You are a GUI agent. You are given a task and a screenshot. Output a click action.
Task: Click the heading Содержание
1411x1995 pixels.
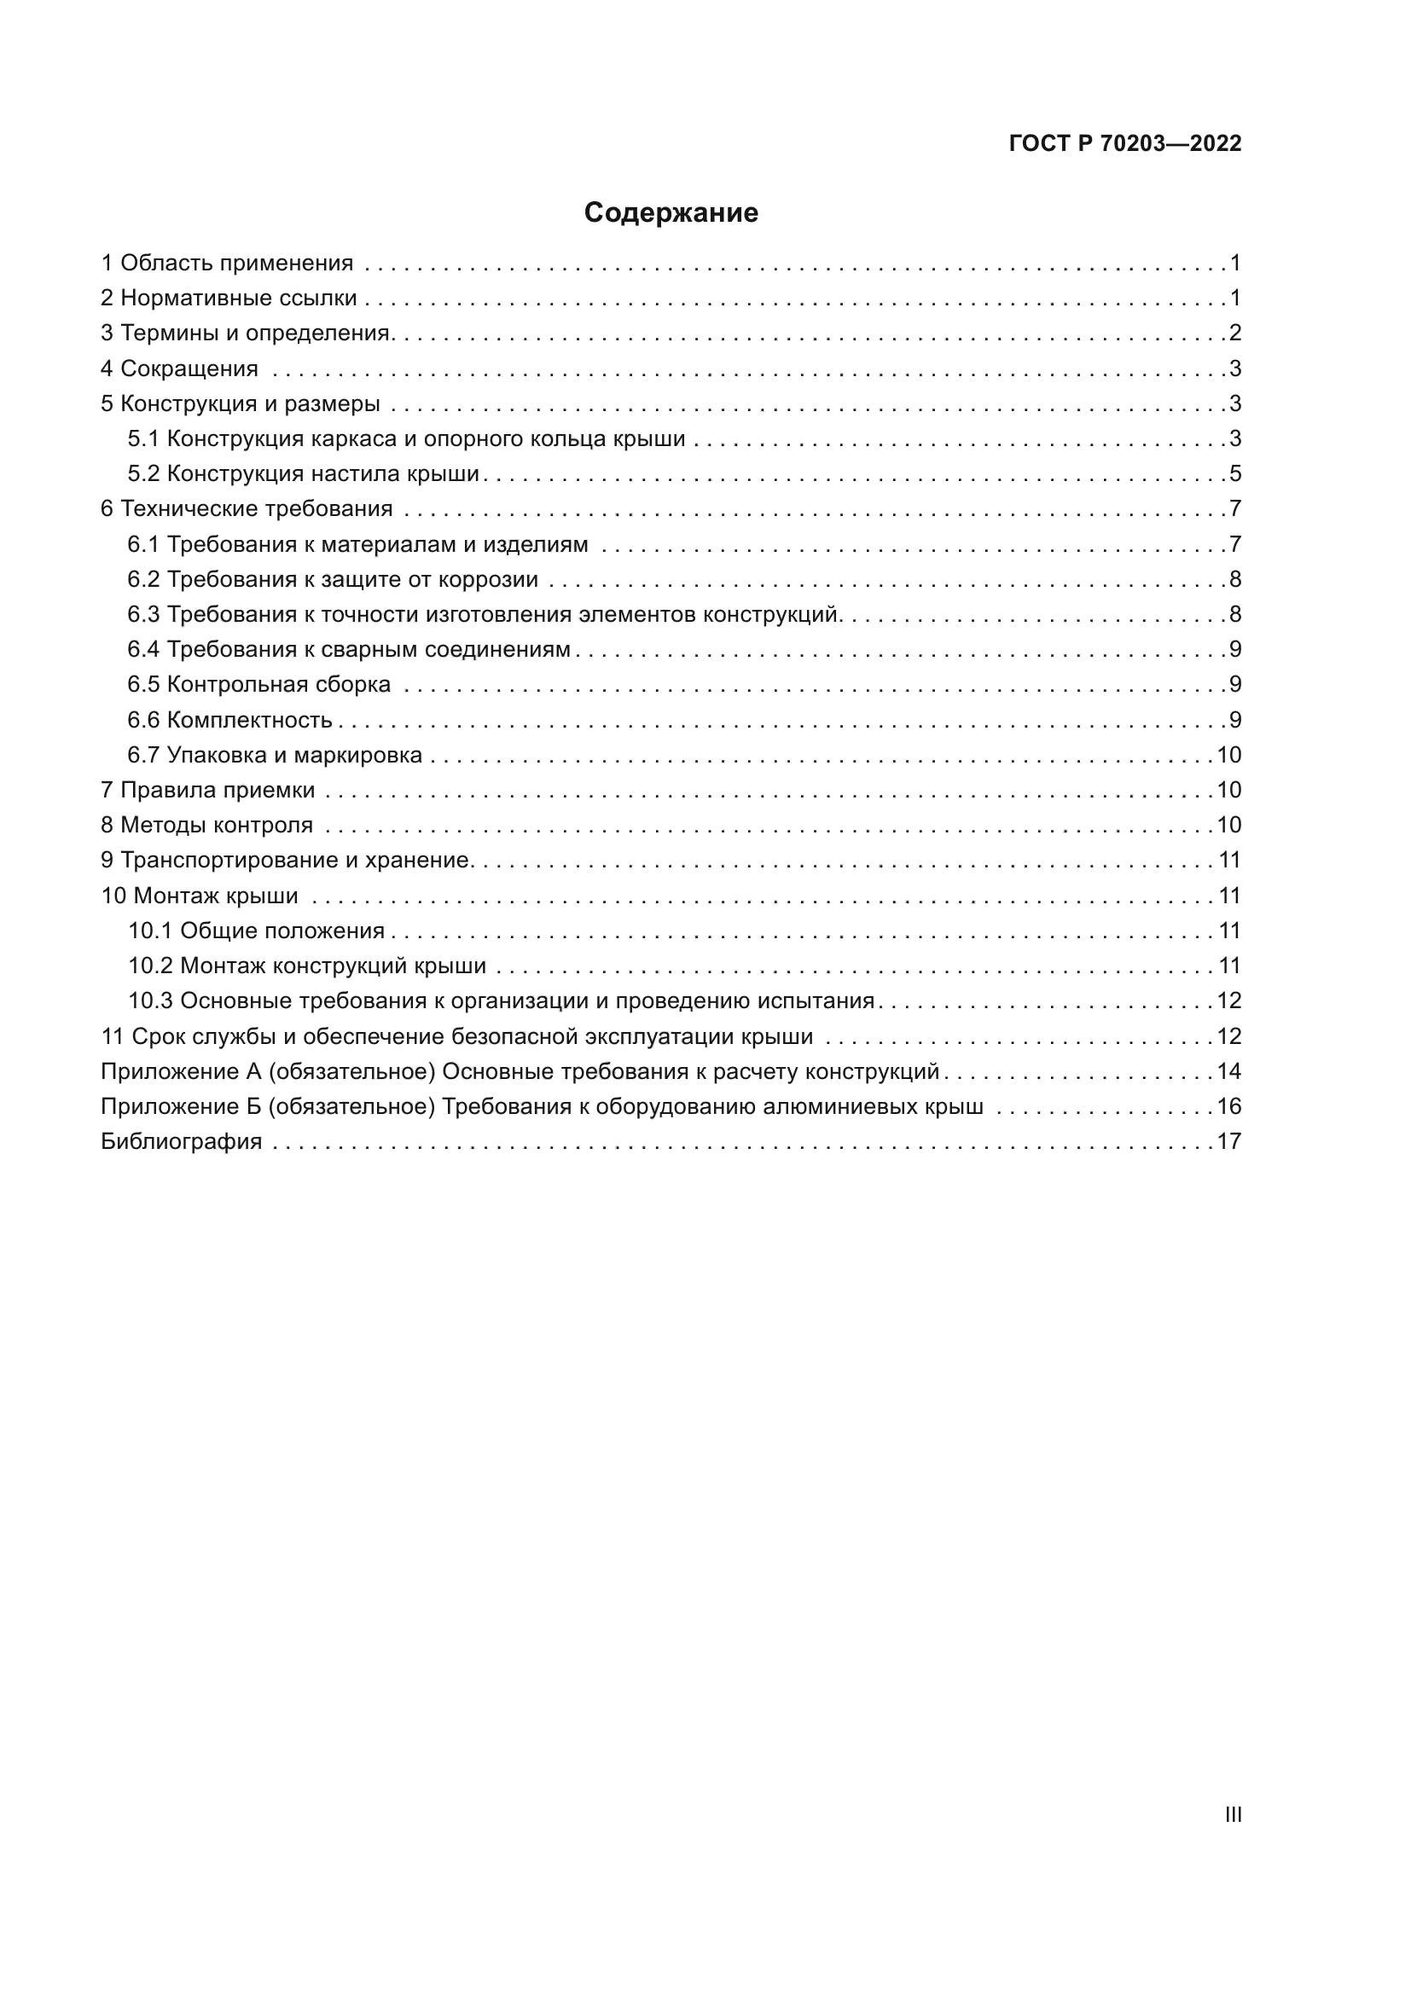(x=671, y=213)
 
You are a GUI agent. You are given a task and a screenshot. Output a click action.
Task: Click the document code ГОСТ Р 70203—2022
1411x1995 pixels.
(x=1125, y=143)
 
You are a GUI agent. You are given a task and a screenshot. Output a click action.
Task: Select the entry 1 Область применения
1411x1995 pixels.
(x=228, y=264)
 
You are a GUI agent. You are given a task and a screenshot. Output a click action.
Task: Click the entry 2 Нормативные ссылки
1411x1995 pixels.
(x=229, y=298)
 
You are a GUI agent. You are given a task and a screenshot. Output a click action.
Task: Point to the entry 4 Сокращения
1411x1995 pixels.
(x=180, y=368)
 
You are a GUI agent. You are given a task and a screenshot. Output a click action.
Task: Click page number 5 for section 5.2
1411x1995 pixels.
(x=1235, y=473)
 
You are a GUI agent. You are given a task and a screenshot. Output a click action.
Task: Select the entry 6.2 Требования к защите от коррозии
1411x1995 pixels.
(x=333, y=579)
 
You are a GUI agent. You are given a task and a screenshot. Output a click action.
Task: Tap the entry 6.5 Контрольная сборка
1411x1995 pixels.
(x=259, y=685)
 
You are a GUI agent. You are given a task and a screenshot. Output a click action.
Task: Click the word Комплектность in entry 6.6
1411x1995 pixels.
(x=249, y=721)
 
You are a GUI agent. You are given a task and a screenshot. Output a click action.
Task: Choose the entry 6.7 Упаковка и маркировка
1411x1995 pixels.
(x=275, y=755)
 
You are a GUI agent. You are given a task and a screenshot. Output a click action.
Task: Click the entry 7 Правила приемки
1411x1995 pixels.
(x=208, y=790)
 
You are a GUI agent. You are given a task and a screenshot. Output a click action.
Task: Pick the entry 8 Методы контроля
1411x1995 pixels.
(x=206, y=825)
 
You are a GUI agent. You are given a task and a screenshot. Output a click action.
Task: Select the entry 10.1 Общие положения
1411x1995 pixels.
(x=256, y=931)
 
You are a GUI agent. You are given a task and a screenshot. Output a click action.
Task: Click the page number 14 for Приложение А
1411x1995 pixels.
(x=1228, y=1071)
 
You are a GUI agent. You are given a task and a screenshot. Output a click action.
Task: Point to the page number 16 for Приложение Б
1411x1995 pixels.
(x=1228, y=1106)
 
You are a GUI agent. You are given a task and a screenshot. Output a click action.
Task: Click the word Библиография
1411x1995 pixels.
(x=182, y=1141)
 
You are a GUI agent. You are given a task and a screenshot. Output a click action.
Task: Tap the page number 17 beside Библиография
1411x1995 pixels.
(x=1228, y=1141)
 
